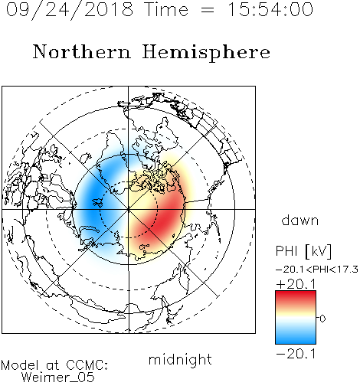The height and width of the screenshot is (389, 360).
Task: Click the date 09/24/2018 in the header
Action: (70, 10)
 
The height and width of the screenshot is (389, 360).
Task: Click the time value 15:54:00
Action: (270, 9)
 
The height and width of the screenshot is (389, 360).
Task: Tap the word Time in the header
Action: (166, 9)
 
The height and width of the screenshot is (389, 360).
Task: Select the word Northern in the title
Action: (82, 52)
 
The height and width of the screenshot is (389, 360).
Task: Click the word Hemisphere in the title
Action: (206, 53)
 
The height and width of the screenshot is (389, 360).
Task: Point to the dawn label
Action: (300, 220)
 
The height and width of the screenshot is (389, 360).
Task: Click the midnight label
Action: (180, 359)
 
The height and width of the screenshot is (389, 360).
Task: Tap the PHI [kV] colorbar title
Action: (303, 251)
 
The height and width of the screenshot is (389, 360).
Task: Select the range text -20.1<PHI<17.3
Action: (317, 270)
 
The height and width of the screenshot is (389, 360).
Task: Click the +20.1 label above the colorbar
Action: (296, 284)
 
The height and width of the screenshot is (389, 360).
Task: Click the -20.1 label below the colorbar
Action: (296, 354)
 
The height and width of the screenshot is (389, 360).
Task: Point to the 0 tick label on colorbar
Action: (322, 319)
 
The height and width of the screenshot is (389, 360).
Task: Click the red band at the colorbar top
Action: (296, 296)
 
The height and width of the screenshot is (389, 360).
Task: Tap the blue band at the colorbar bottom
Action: (296, 338)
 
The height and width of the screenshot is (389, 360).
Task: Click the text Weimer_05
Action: (58, 378)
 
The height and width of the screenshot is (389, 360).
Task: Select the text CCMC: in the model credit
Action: (87, 365)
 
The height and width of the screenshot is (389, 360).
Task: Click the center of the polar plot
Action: (129, 210)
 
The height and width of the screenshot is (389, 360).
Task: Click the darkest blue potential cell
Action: (93, 201)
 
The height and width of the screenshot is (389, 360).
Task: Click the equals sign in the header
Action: (208, 10)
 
